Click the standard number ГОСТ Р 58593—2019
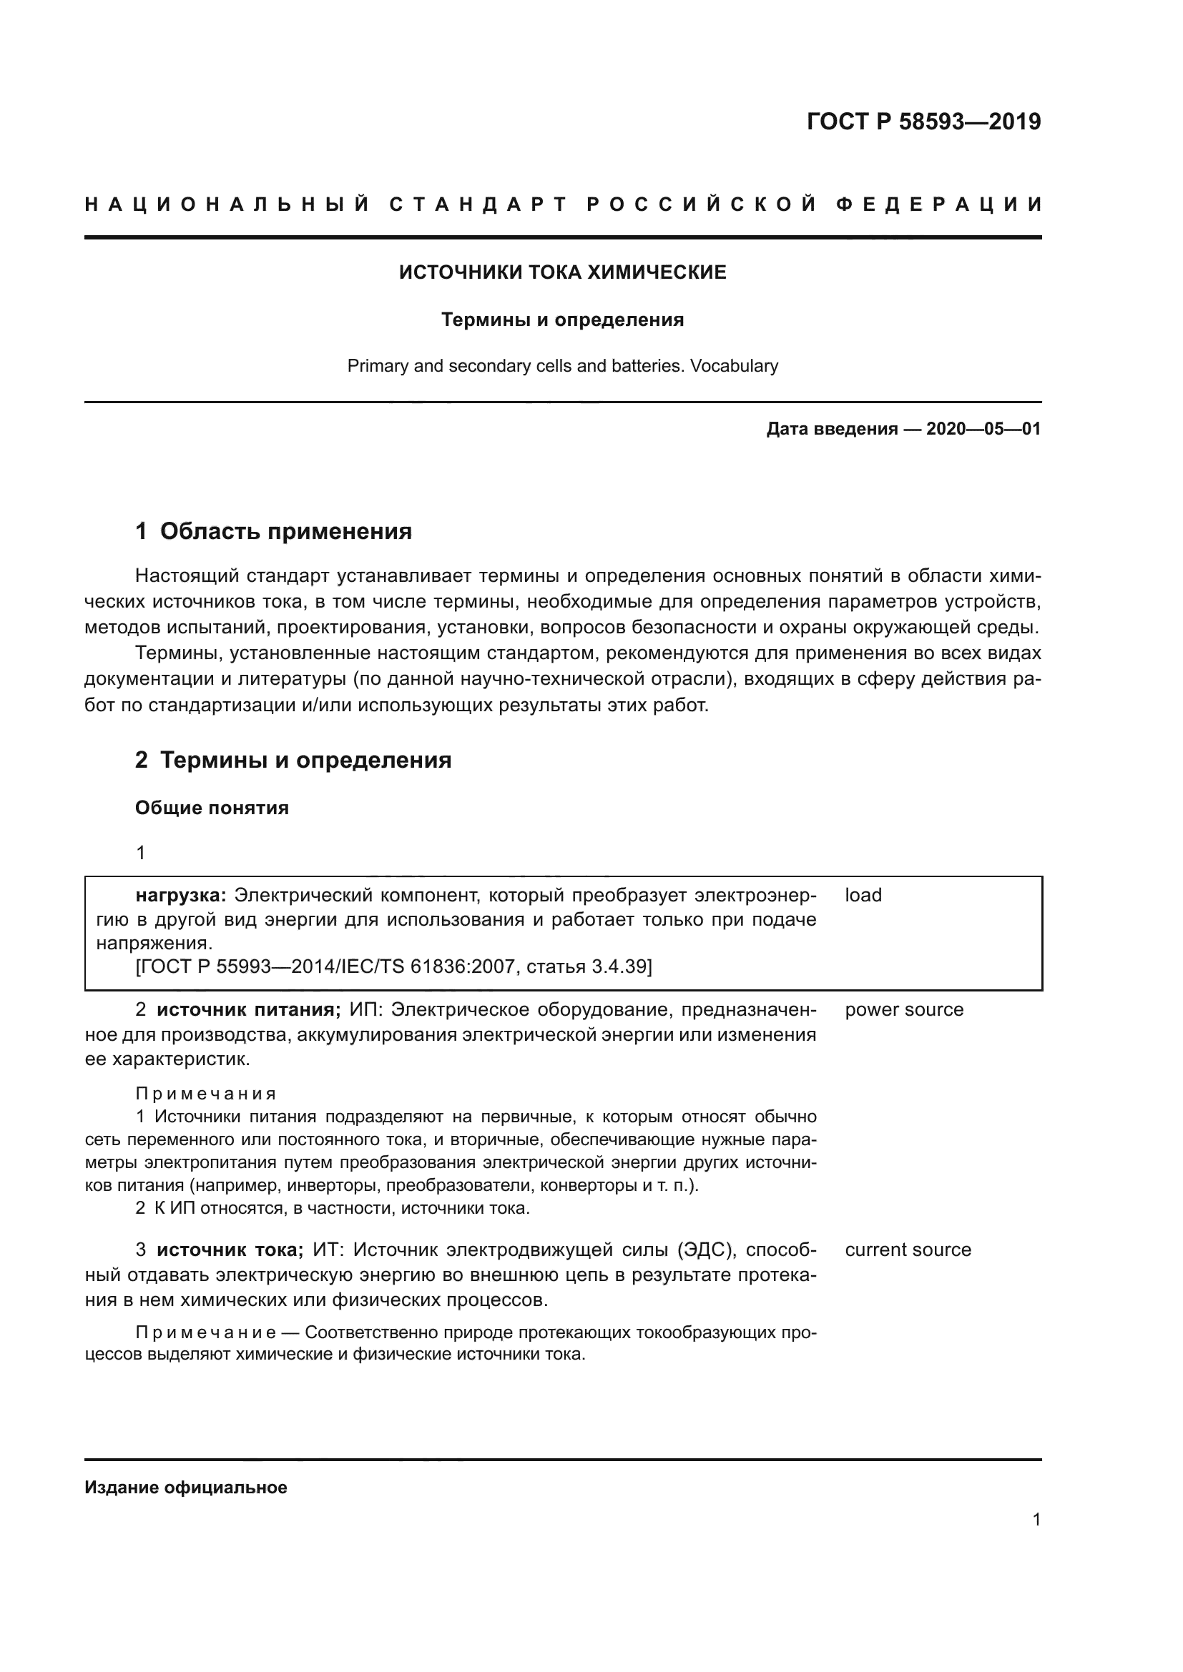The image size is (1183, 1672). click(923, 122)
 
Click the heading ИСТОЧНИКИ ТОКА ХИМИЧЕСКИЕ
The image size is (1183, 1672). click(562, 272)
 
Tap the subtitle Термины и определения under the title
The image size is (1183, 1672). click(562, 320)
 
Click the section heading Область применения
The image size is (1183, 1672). click(285, 531)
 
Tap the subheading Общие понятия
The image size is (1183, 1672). click(212, 808)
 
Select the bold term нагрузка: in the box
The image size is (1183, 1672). click(182, 895)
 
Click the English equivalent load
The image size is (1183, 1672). click(863, 895)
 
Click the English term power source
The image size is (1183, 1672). click(903, 1010)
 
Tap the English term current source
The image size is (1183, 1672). click(908, 1250)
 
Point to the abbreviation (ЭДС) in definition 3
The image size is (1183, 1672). click(704, 1250)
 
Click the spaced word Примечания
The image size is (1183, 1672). click(206, 1094)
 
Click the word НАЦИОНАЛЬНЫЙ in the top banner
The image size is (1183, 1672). click(227, 204)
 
